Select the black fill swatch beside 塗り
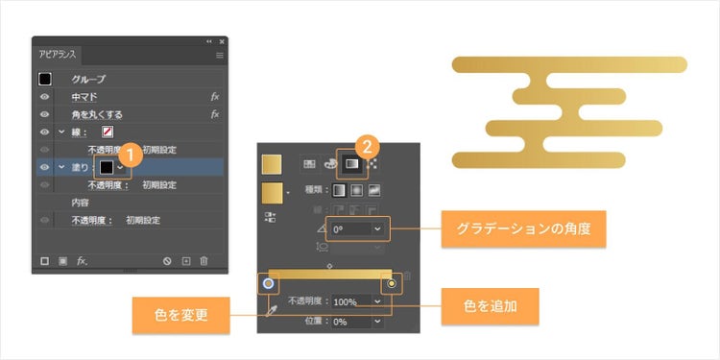tap(107, 167)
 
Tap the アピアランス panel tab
tap(57, 57)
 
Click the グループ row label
tap(88, 79)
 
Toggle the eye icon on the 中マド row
tap(44, 97)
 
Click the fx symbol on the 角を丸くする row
tap(216, 114)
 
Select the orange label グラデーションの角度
tap(522, 230)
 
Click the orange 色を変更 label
tap(181, 314)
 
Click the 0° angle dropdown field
tap(359, 230)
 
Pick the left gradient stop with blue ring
tap(269, 284)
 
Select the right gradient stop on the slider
tap(392, 284)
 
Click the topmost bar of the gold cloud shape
tap(569, 64)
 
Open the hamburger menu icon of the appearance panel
tap(220, 56)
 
